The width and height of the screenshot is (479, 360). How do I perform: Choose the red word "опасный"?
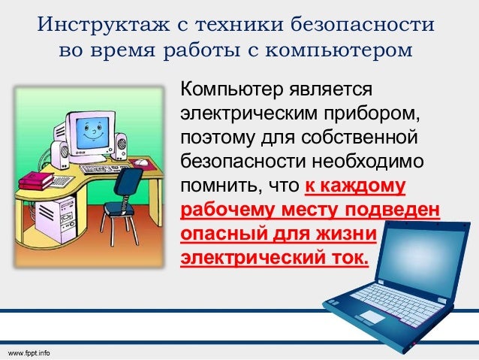(x=218, y=234)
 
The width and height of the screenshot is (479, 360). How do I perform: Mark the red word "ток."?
(x=348, y=258)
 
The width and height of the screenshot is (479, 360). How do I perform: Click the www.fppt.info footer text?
(x=29, y=352)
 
